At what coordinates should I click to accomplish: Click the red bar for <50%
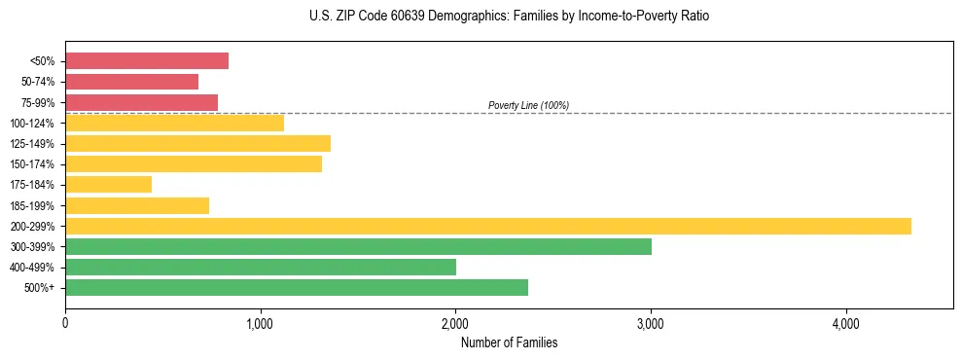147,61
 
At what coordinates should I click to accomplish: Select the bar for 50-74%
131,82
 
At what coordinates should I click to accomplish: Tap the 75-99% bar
141,102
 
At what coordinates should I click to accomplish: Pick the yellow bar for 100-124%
174,123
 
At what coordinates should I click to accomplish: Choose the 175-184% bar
108,184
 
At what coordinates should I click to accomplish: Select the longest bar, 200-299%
487,226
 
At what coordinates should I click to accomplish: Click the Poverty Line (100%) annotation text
528,105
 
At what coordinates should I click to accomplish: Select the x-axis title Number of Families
509,342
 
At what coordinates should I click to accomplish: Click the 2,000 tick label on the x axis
455,323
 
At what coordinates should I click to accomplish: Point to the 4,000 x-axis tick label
845,323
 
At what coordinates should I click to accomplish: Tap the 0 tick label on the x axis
65,323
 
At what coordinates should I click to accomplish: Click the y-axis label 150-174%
33,164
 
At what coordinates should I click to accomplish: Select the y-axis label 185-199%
33,205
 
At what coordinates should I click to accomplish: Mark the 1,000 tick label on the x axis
260,323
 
